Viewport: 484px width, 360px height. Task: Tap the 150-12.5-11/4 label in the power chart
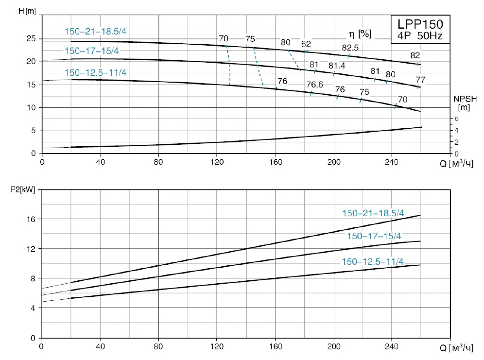pyautogui.click(x=373, y=262)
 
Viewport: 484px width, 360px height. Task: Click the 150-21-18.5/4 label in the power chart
pyautogui.click(x=373, y=213)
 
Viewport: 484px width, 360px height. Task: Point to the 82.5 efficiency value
pyautogui.click(x=350, y=48)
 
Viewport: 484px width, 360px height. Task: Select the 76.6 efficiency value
pyautogui.click(x=314, y=85)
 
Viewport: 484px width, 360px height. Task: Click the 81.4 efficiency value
pyautogui.click(x=336, y=66)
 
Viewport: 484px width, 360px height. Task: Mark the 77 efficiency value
pyautogui.click(x=420, y=79)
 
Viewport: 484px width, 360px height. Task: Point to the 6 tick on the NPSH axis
pyautogui.click(x=456, y=119)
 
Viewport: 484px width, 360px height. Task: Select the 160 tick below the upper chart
pyautogui.click(x=276, y=162)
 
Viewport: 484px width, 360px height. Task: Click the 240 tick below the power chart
pyautogui.click(x=392, y=346)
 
